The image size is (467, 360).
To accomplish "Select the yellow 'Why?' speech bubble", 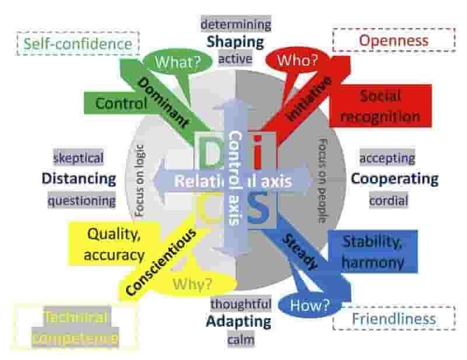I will (192, 285).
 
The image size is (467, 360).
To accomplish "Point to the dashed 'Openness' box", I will (393, 41).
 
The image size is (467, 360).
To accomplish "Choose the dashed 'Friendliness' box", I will (393, 319).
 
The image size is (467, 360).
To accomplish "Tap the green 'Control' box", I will (121, 104).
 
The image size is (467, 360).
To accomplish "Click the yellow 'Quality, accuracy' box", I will (114, 244).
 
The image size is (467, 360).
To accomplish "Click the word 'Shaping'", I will (235, 41).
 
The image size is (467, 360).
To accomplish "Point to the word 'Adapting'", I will (239, 321).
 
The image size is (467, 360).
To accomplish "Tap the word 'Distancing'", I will (79, 179).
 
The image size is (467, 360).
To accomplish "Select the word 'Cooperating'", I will (394, 179).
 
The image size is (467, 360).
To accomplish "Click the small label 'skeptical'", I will (78, 158).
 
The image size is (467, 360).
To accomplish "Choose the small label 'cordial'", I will (388, 200).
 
